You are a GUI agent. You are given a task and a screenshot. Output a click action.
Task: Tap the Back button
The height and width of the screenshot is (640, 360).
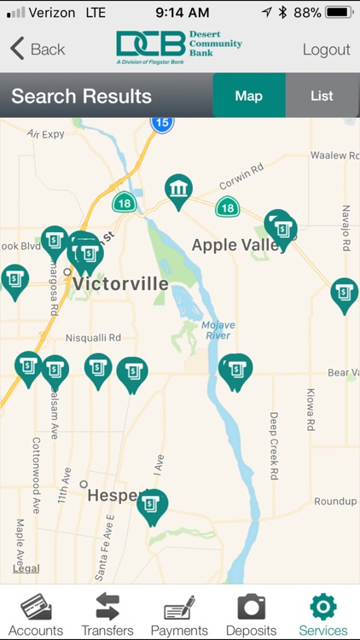coord(38,49)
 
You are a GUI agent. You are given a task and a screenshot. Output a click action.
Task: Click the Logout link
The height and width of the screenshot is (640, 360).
coord(326,49)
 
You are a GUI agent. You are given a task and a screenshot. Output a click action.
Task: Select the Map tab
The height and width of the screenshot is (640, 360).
coord(248,96)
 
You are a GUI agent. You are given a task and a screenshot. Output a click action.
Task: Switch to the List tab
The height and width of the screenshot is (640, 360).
coord(322,96)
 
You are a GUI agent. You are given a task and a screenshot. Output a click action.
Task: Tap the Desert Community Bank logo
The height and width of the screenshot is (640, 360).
coord(179,49)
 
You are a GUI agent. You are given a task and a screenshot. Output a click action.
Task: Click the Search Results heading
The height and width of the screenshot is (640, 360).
coord(81,96)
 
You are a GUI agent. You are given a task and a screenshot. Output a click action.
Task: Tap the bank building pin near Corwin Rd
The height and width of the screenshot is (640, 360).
coord(178,190)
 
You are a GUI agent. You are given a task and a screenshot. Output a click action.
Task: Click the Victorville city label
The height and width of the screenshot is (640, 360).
coord(120,284)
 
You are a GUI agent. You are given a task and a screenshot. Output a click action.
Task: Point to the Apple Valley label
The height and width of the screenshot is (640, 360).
coord(239,246)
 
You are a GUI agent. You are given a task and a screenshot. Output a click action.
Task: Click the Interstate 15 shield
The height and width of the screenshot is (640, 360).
coord(161,123)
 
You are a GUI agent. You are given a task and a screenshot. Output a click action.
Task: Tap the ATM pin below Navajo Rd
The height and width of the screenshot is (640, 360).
coord(344,294)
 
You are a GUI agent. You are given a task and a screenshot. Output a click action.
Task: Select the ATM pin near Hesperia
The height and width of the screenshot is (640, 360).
coord(152,505)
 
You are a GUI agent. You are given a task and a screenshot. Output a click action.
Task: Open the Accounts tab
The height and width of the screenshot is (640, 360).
coord(36,615)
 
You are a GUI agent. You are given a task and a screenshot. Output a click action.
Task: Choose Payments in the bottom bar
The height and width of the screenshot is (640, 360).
coord(179,615)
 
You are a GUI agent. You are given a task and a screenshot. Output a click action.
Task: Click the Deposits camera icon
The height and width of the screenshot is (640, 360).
coord(251,606)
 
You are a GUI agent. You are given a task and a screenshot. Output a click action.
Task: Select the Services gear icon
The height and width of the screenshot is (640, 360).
coord(323,606)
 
